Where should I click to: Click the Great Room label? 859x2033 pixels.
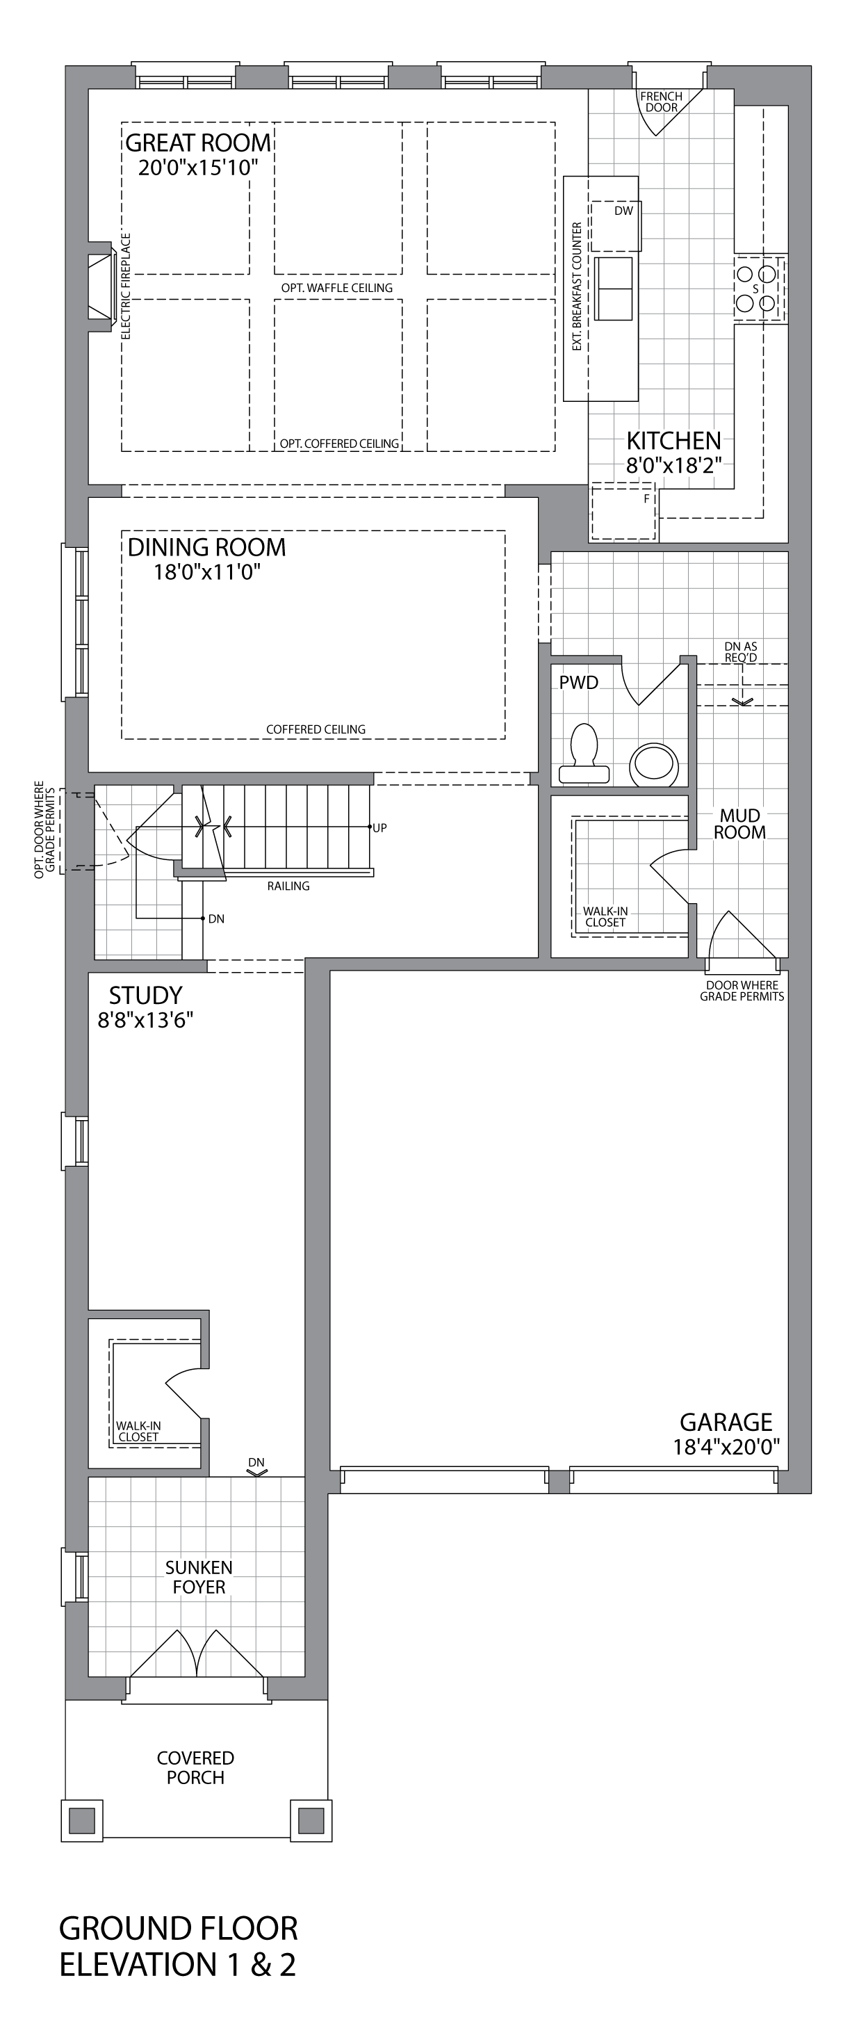(x=198, y=143)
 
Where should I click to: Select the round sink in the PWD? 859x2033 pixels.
(x=654, y=764)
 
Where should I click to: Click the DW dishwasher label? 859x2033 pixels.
(x=624, y=211)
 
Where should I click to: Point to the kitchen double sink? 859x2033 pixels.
(x=614, y=289)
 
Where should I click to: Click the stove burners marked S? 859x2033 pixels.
(x=758, y=289)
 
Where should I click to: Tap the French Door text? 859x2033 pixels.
(x=661, y=102)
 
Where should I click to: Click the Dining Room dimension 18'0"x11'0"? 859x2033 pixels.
(x=206, y=572)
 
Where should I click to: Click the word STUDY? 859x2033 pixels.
(x=146, y=995)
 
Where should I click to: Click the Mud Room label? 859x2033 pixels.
(x=740, y=824)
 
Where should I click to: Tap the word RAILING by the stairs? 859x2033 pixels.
(x=288, y=886)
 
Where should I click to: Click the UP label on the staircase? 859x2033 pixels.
(x=380, y=828)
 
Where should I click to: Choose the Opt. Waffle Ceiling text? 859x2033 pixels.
(x=337, y=288)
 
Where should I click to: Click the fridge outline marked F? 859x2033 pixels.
(x=624, y=512)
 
